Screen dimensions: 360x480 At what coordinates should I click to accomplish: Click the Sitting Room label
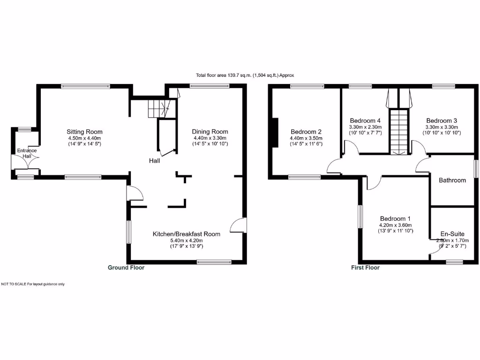[84, 132]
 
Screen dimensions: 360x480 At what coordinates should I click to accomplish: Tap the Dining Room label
[210, 132]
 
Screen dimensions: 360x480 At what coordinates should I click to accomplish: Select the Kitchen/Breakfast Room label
[186, 234]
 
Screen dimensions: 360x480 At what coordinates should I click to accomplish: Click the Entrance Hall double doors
[28, 162]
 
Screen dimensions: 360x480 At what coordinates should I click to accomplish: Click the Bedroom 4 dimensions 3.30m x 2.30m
[365, 127]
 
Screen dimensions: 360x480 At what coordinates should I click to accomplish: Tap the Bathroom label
[452, 180]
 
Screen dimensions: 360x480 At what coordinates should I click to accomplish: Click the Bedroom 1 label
[395, 218]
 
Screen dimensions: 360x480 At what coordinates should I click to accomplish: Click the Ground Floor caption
[126, 268]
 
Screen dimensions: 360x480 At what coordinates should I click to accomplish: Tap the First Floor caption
[365, 268]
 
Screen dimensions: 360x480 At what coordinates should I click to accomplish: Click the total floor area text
[245, 75]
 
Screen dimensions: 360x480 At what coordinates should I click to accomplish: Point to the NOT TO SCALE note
[33, 284]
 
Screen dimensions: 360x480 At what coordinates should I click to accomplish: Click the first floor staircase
[400, 131]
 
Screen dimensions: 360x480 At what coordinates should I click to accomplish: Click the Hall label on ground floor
[155, 161]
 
